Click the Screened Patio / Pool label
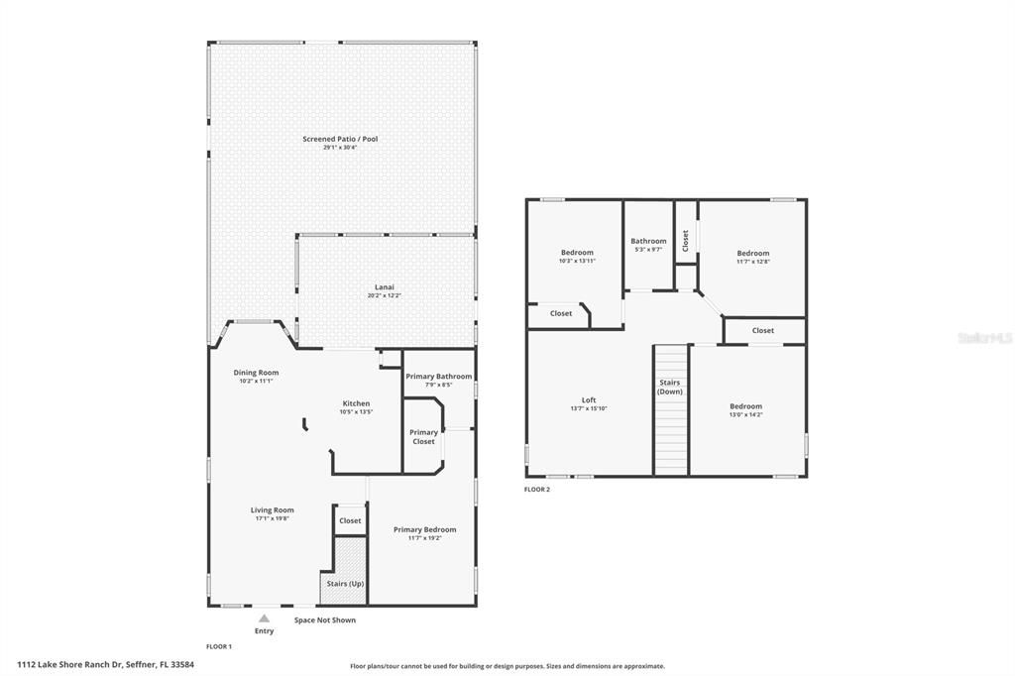point(340,139)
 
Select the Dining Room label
point(256,373)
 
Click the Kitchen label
point(356,403)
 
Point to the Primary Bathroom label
point(438,377)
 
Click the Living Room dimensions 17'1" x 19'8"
point(272,518)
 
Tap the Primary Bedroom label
point(424,529)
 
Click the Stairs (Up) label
point(345,584)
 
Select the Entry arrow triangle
point(264,618)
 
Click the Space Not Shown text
point(324,620)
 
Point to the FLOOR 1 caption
point(218,646)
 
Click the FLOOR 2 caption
point(536,489)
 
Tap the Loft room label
point(589,400)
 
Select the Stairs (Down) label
point(670,387)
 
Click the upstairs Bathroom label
point(648,241)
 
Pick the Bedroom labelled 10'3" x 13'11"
point(577,253)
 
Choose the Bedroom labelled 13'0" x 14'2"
point(745,406)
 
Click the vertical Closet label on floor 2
point(685,240)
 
